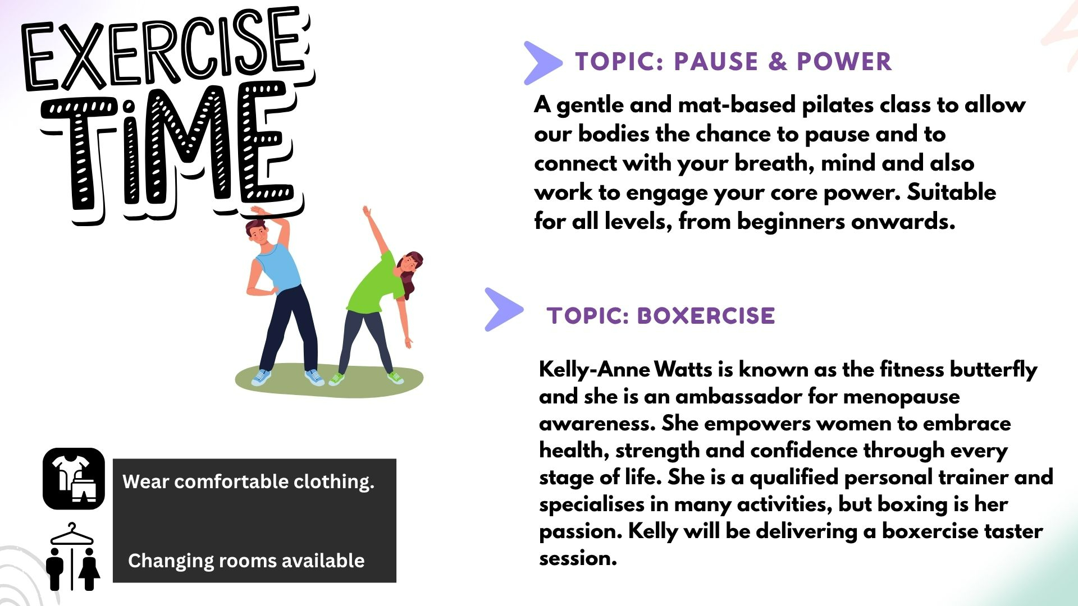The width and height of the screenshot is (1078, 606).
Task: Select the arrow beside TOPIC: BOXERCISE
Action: [x=504, y=309]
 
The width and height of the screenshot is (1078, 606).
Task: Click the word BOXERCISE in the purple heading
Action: [x=706, y=316]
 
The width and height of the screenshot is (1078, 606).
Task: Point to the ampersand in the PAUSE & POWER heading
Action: [x=778, y=62]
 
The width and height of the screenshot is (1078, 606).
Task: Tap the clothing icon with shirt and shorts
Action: [x=74, y=479]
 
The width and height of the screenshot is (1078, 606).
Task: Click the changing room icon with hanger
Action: [x=72, y=557]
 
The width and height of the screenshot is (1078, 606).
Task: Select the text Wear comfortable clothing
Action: [x=248, y=482]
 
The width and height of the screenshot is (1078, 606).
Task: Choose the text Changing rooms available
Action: [x=246, y=561]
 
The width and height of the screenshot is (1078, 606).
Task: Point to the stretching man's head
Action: [x=258, y=232]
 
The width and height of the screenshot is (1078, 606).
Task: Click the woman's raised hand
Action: [x=367, y=212]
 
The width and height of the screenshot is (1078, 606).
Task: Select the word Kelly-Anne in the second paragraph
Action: [x=595, y=370]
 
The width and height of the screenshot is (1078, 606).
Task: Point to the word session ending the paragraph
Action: [x=578, y=558]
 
